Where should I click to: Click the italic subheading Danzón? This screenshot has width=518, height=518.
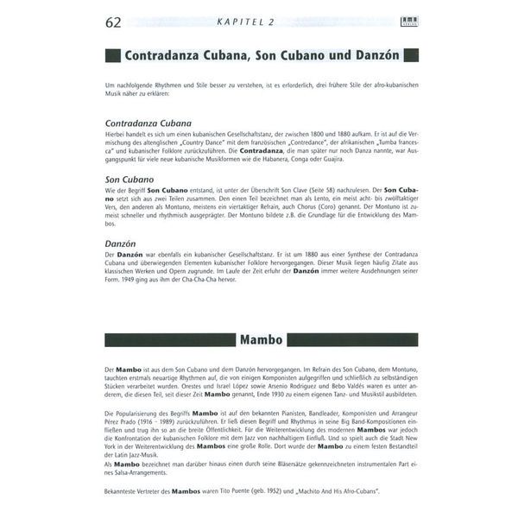[120, 243]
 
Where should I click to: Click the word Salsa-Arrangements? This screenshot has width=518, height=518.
[136, 473]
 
